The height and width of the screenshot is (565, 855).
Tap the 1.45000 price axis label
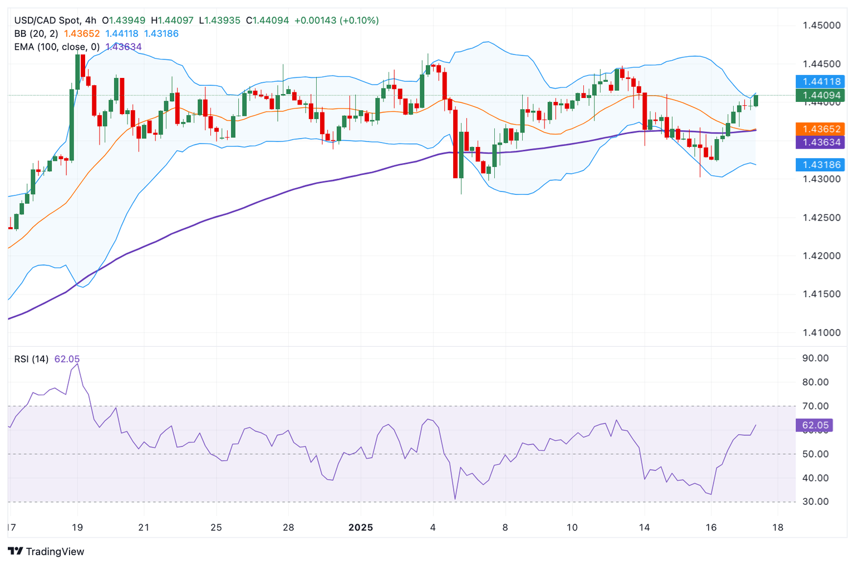[x=822, y=26]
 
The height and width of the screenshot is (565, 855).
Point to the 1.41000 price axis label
[x=822, y=333]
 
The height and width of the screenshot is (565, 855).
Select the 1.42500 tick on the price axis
[x=822, y=218]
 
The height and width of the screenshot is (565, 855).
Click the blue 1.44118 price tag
[x=821, y=82]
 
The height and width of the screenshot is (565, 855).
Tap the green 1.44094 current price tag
[x=821, y=96]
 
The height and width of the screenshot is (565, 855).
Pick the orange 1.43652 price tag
[x=821, y=129]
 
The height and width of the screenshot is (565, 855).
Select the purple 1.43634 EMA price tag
[x=821, y=142]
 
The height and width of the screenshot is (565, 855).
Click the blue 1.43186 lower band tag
[x=821, y=165]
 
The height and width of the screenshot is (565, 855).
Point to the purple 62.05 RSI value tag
[x=815, y=425]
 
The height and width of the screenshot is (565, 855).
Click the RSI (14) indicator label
[x=31, y=360]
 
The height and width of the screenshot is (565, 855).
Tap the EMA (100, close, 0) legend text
[x=57, y=47]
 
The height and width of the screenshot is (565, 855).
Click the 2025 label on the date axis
[x=361, y=528]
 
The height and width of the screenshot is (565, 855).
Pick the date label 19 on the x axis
[x=77, y=528]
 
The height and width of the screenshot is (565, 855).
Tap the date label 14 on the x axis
[x=644, y=528]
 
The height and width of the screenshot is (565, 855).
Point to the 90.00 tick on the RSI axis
[x=815, y=358]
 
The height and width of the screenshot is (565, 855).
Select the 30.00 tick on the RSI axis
[x=815, y=502]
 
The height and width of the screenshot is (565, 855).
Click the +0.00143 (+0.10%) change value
[x=336, y=21]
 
